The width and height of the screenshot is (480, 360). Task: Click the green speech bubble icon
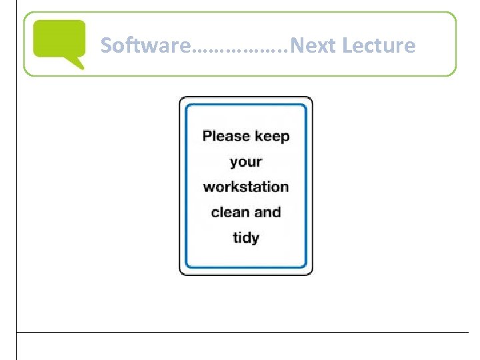coord(59,41)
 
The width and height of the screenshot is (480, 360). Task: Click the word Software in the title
coord(145,45)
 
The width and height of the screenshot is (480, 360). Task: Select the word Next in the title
coord(314,45)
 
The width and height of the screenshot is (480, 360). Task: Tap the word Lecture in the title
coord(378,45)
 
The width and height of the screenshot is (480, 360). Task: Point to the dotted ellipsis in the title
coord(241,49)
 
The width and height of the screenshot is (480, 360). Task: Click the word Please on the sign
coord(225,137)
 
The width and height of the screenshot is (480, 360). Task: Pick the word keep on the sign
coord(272,137)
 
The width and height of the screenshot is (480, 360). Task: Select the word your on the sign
coord(246,163)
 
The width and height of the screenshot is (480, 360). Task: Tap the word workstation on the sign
coord(246,187)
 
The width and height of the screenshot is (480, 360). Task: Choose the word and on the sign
coord(267,212)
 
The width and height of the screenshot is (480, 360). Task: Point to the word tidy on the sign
coord(246,238)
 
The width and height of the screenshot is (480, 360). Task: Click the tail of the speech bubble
coord(78,64)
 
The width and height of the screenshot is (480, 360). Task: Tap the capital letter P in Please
coord(207,137)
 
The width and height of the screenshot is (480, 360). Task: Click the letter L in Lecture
coord(347,45)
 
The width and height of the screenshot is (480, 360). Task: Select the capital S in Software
coord(107,45)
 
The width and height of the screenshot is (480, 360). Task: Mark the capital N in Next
coord(298,45)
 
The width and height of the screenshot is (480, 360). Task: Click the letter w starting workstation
coord(208,187)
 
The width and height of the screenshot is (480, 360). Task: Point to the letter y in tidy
coord(255,239)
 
